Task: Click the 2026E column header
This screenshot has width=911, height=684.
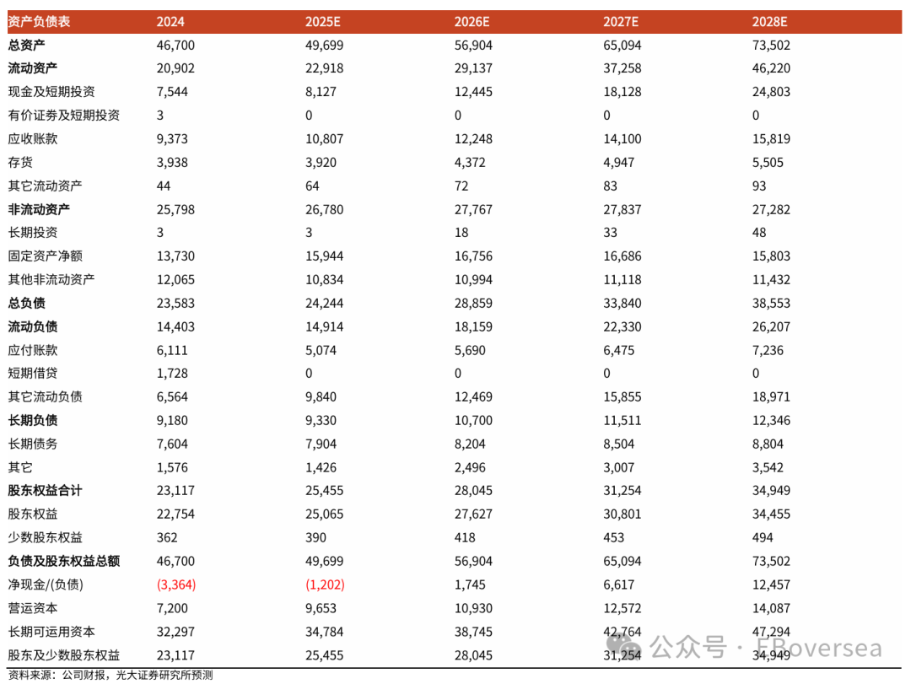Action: pyautogui.click(x=473, y=22)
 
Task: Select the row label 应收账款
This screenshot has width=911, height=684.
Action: pyautogui.click(x=33, y=139)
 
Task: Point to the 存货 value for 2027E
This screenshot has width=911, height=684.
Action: pyautogui.click(x=620, y=163)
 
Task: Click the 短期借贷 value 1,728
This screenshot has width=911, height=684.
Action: pyautogui.click(x=172, y=374)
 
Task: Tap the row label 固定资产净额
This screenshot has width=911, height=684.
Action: pyautogui.click(x=46, y=256)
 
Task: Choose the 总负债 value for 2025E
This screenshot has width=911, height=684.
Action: pyautogui.click(x=325, y=304)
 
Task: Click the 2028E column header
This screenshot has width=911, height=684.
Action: pyautogui.click(x=771, y=22)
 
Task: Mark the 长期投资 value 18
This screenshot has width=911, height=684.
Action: pyautogui.click(x=461, y=233)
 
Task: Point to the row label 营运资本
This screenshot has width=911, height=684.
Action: pyautogui.click(x=33, y=608)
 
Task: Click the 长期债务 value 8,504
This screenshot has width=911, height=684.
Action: pyautogui.click(x=620, y=444)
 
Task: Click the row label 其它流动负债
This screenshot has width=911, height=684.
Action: pyautogui.click(x=46, y=397)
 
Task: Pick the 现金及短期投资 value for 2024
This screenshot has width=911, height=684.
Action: pyautogui.click(x=172, y=92)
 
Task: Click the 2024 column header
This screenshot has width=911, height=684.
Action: pyautogui.click(x=171, y=22)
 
